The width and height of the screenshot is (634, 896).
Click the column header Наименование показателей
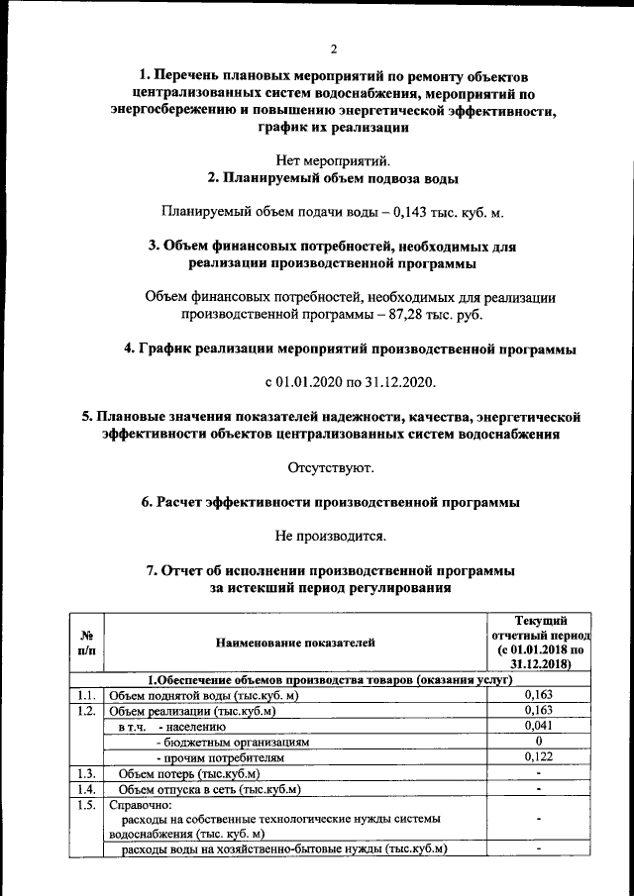click(x=296, y=643)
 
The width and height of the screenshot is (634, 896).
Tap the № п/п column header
click(x=87, y=642)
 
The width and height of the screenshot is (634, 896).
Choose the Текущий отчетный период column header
click(x=540, y=642)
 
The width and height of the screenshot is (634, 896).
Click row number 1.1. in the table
click(x=87, y=695)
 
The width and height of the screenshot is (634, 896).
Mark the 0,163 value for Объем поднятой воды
click(x=538, y=695)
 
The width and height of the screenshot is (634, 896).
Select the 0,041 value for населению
click(x=538, y=727)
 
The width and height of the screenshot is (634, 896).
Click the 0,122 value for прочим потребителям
click(x=538, y=757)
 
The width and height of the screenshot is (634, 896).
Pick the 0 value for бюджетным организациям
click(x=538, y=742)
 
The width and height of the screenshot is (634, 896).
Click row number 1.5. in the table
click(x=87, y=805)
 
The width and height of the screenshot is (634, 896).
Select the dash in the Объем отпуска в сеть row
click(x=538, y=789)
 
